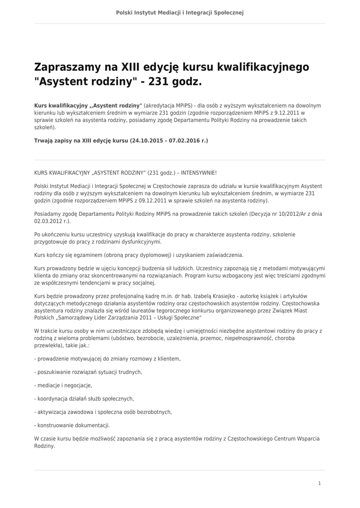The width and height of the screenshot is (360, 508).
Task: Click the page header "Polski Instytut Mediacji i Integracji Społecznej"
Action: point(180,12)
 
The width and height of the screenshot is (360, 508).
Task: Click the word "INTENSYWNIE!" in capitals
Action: point(199,173)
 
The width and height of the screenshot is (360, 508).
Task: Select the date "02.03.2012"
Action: point(45,221)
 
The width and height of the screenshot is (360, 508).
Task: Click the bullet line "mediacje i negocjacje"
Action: point(64,385)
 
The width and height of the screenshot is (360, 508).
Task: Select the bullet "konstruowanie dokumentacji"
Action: point(72,425)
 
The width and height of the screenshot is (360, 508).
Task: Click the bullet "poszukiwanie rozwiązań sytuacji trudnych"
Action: point(88,372)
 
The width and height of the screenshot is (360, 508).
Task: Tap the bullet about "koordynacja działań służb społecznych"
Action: point(84,398)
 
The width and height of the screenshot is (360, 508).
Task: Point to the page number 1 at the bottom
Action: point(319,483)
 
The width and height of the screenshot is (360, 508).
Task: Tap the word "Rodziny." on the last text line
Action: point(44,446)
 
